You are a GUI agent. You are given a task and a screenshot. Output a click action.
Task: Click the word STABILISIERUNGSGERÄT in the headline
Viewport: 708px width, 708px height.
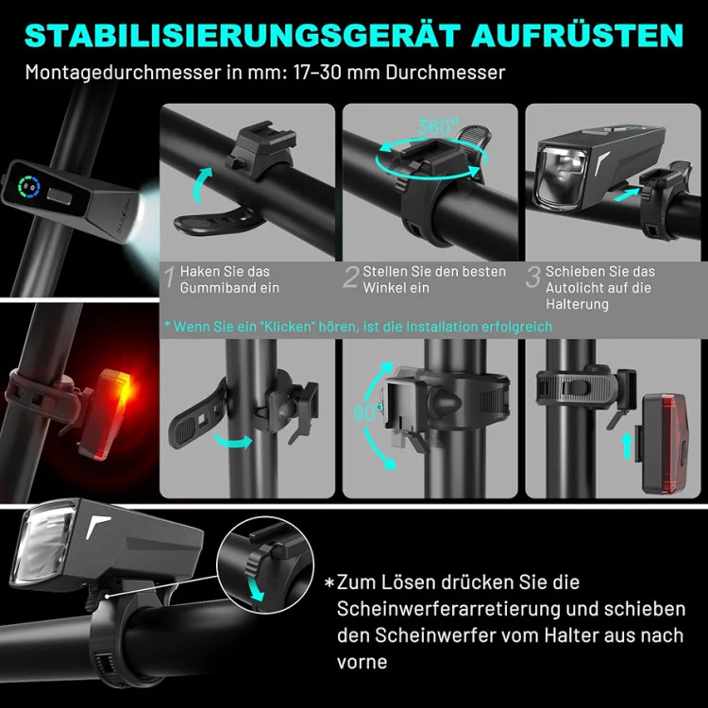tap(242, 35)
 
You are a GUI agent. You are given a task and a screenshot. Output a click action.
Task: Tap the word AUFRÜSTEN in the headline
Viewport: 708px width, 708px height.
tap(578, 35)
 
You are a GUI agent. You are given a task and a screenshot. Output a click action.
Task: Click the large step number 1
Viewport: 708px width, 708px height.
tap(170, 277)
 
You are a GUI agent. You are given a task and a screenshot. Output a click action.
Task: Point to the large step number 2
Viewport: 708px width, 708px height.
tap(351, 277)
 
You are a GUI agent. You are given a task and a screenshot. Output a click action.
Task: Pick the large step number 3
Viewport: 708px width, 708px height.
tap(533, 277)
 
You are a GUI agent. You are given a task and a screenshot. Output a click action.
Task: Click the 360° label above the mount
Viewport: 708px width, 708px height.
tap(437, 126)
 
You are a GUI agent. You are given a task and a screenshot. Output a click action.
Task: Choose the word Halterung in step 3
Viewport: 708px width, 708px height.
tap(577, 304)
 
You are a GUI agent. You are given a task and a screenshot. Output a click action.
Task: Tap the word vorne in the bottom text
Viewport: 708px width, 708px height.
tap(362, 663)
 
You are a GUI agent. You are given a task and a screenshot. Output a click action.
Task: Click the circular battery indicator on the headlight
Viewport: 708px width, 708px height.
tap(29, 187)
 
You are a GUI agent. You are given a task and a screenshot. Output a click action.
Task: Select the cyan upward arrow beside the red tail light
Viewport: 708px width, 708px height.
tap(627, 446)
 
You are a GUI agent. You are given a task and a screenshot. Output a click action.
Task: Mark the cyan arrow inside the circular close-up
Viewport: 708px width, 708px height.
tap(257, 588)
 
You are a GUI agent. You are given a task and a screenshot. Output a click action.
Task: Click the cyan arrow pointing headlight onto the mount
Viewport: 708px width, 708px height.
tap(627, 194)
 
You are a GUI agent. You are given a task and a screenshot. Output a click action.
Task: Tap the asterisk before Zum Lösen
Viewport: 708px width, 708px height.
tap(329, 582)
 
